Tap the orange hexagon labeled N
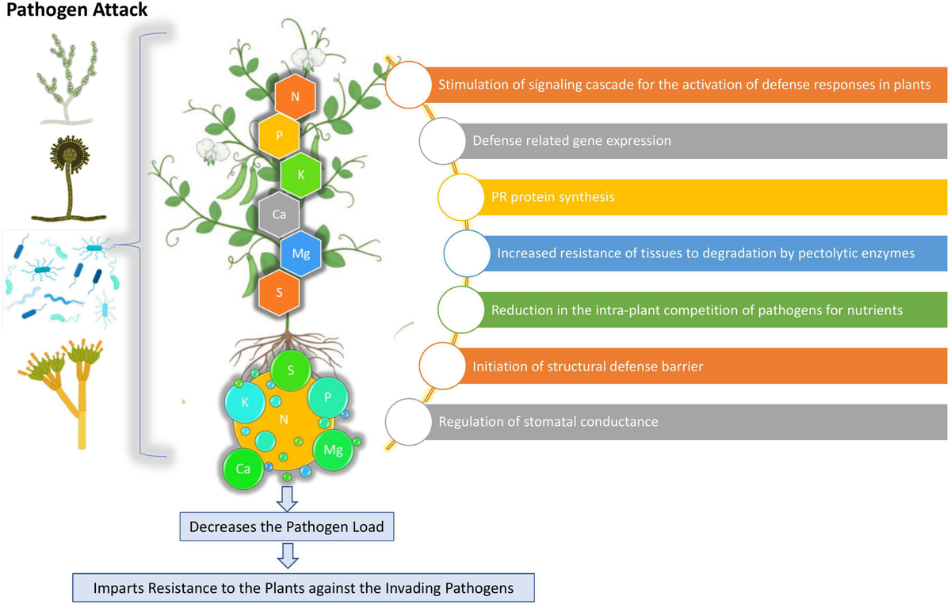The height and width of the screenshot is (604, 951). [295, 98]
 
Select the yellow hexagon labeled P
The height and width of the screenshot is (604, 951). [278, 136]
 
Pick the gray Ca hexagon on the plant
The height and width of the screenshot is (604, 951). [278, 214]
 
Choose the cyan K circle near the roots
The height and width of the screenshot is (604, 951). [245, 402]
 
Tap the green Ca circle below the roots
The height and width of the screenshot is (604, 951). [243, 468]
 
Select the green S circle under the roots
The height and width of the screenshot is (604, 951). [291, 370]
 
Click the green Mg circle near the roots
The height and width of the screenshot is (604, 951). [333, 450]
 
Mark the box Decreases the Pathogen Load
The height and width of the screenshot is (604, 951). [286, 526]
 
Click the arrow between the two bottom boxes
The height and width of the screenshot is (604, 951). [288, 556]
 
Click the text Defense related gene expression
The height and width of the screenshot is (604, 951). [571, 141]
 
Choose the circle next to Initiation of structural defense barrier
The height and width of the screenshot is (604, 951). [442, 367]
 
